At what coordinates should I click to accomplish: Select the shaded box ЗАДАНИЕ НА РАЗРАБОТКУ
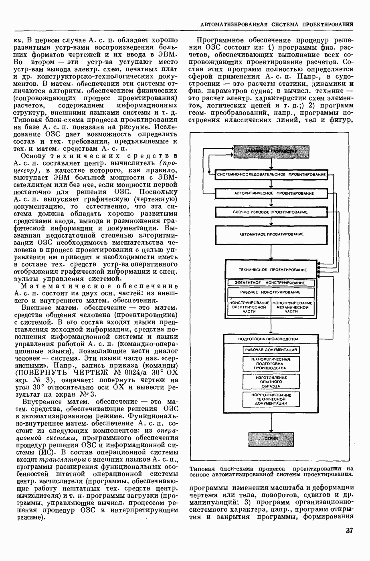click(271, 152)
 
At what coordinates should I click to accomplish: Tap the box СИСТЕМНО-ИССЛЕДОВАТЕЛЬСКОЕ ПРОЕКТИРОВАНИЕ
click(271, 174)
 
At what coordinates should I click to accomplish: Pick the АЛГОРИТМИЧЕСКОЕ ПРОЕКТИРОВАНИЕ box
click(271, 193)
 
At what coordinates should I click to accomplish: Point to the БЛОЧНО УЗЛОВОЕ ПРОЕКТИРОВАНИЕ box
click(271, 212)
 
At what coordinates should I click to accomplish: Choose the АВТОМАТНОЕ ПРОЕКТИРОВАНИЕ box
click(271, 234)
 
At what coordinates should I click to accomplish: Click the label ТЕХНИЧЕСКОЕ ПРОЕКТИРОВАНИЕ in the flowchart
click(272, 270)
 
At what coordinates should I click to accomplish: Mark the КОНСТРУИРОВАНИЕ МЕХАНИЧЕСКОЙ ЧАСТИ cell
click(293, 307)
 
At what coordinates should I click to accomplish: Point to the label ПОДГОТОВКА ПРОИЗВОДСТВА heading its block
click(268, 339)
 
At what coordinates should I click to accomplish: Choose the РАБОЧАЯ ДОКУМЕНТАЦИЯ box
click(271, 350)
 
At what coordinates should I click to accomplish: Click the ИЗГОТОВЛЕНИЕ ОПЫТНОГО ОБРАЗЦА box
click(271, 381)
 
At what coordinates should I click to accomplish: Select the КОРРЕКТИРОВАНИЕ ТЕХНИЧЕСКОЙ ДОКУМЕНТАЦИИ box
click(271, 399)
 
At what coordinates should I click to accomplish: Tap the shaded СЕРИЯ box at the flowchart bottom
click(271, 440)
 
